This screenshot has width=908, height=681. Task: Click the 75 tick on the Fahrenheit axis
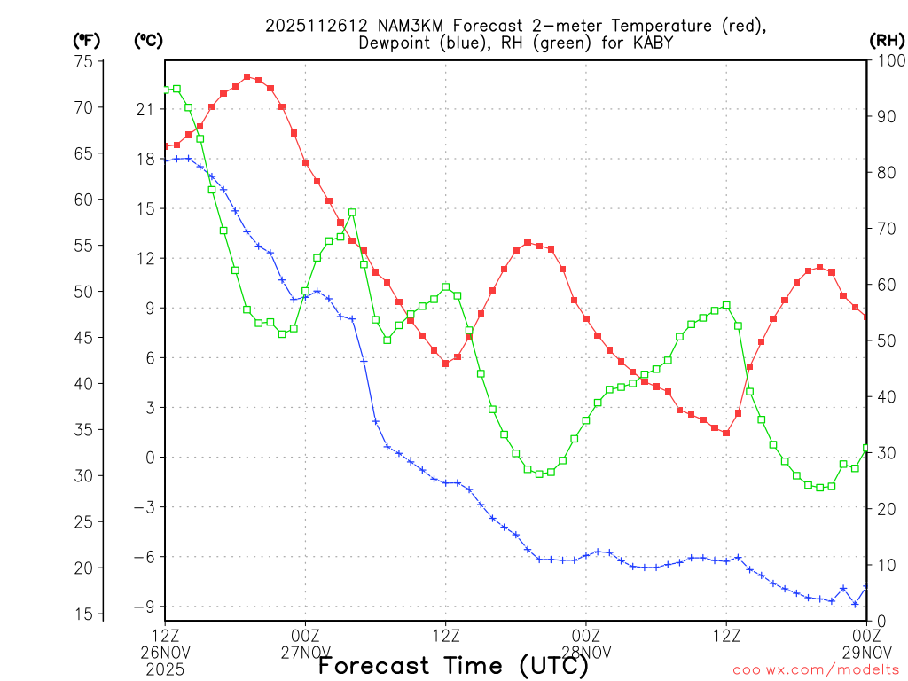85,61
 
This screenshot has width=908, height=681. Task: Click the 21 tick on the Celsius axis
145,109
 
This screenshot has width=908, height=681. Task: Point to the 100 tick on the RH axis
884,61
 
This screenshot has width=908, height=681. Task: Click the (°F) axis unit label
85,40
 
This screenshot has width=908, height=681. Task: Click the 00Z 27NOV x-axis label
306,644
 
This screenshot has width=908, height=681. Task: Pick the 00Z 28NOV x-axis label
586,644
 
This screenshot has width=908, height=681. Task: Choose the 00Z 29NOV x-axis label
866,644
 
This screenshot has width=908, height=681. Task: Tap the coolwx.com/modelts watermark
816,669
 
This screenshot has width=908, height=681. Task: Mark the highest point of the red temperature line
247,77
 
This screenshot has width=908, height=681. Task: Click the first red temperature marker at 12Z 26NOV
165,146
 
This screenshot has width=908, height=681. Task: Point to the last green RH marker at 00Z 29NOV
866,448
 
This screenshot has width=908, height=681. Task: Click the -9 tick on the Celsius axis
145,607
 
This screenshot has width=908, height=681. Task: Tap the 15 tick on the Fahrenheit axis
85,614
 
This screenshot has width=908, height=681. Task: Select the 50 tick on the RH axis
884,340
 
